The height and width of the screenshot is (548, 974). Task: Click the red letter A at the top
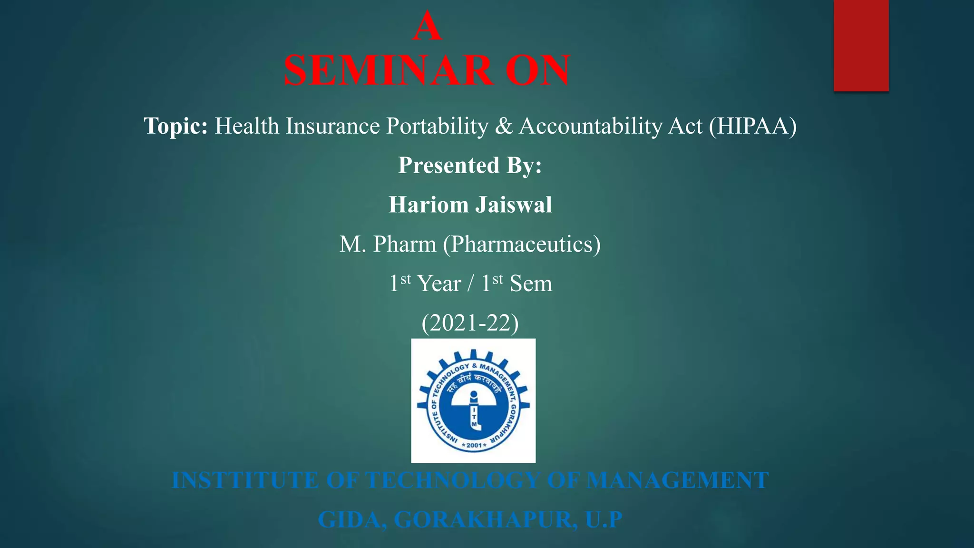(427, 27)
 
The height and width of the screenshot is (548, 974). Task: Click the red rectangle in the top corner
(861, 45)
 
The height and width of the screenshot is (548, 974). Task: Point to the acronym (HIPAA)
(753, 126)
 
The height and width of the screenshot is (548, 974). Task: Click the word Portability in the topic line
(437, 126)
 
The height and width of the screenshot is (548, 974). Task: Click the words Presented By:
(470, 166)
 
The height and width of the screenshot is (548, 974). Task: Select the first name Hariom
(429, 205)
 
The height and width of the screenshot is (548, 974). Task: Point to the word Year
(439, 284)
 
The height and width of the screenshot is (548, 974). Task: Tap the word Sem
(531, 284)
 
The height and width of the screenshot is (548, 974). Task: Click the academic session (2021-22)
(470, 323)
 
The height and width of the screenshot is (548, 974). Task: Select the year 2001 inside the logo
(474, 445)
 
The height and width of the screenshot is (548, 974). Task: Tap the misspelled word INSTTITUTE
(245, 480)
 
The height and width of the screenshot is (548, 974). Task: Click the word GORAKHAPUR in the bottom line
(486, 519)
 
